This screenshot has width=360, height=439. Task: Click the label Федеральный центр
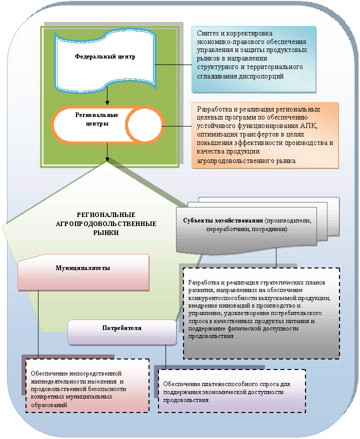pyautogui.click(x=105, y=56)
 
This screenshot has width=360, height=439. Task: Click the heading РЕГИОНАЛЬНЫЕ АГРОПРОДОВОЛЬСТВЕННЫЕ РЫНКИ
pyautogui.click(x=106, y=223)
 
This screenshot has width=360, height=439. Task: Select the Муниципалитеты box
pyautogui.click(x=83, y=268)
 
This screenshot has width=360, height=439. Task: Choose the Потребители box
pyautogui.click(x=122, y=328)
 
